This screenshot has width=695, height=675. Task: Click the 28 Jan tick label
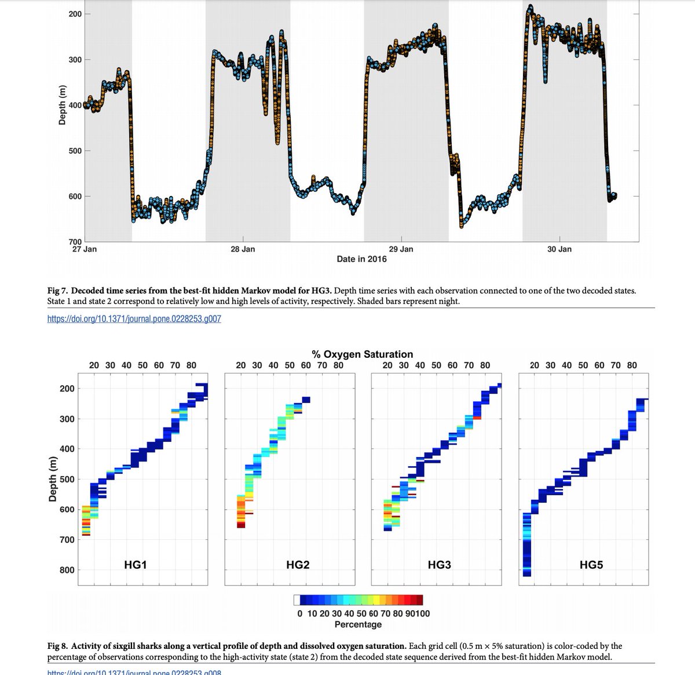pos(242,249)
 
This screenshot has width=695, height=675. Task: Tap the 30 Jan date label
pos(559,249)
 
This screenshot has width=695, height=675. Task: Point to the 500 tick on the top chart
pos(75,151)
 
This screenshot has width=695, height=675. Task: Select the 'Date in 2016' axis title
pos(361,259)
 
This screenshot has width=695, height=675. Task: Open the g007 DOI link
pos(134,318)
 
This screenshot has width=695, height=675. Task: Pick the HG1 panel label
pos(136,564)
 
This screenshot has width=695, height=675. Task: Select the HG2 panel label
pos(298,564)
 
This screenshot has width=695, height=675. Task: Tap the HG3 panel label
pos(440,564)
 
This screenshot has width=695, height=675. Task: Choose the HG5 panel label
pos(592,564)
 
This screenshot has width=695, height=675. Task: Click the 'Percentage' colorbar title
pos(358,625)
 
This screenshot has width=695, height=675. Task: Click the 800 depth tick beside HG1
pos(67,570)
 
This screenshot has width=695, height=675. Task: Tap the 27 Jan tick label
pos(85,249)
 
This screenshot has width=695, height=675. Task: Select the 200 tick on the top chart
pos(75,14)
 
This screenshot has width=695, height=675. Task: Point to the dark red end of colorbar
pos(420,600)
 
